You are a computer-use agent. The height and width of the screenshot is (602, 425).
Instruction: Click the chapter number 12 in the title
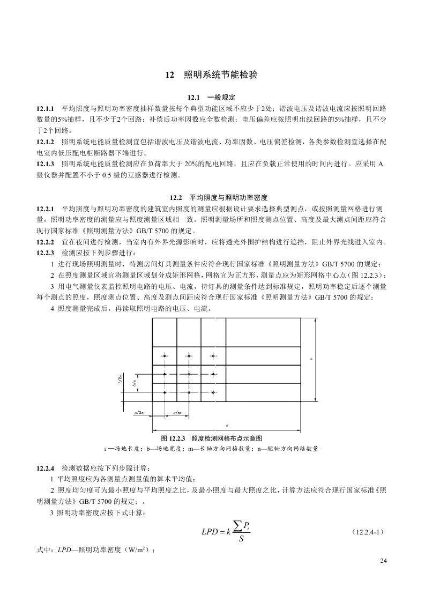169,75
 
